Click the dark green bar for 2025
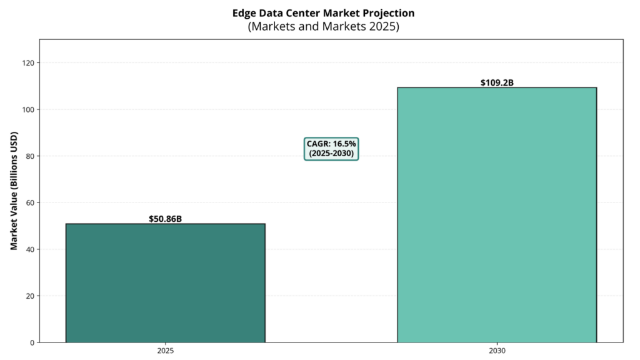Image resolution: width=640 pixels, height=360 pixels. click(x=165, y=282)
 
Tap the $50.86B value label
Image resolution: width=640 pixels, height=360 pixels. click(x=165, y=219)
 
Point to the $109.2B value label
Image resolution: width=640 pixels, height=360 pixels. click(x=497, y=82)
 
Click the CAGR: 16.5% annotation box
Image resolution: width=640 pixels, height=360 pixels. click(x=331, y=149)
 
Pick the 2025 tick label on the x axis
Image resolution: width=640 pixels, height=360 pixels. click(x=165, y=352)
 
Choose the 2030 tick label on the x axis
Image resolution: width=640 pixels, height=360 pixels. click(x=497, y=352)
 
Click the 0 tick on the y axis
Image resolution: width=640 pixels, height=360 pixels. click(x=31, y=342)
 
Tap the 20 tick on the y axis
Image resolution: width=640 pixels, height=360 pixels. click(x=29, y=296)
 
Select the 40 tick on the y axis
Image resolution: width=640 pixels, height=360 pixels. click(x=29, y=249)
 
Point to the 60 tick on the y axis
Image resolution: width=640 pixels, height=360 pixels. click(x=29, y=202)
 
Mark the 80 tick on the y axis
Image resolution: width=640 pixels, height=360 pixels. click(x=29, y=156)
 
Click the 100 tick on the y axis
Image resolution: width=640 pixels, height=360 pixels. click(x=27, y=109)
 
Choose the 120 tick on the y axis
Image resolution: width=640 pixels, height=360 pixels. click(x=27, y=63)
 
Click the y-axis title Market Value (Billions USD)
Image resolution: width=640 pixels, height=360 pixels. click(x=14, y=191)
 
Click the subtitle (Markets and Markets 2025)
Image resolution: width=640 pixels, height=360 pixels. click(x=323, y=27)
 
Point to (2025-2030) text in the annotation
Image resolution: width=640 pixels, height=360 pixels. click(x=331, y=154)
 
